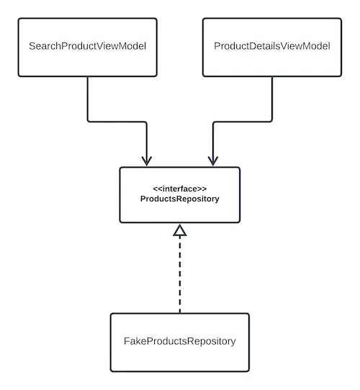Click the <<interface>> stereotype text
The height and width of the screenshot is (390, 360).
point(179,189)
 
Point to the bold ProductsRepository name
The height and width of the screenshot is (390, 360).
point(179,199)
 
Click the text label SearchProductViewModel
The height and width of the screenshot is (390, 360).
point(87,47)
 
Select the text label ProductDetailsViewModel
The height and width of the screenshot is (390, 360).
point(271,47)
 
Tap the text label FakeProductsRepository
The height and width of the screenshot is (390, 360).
point(179,341)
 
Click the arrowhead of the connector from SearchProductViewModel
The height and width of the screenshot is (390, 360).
point(147,160)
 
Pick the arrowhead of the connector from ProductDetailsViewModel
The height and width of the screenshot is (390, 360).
point(212,160)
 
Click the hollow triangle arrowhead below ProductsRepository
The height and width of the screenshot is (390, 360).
point(180,230)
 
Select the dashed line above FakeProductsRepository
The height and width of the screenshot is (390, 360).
point(180,273)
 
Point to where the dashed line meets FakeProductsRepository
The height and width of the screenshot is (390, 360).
point(180,313)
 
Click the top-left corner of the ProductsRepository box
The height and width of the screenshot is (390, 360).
point(120,168)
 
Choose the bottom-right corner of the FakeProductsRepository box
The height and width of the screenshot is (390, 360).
point(248,368)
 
